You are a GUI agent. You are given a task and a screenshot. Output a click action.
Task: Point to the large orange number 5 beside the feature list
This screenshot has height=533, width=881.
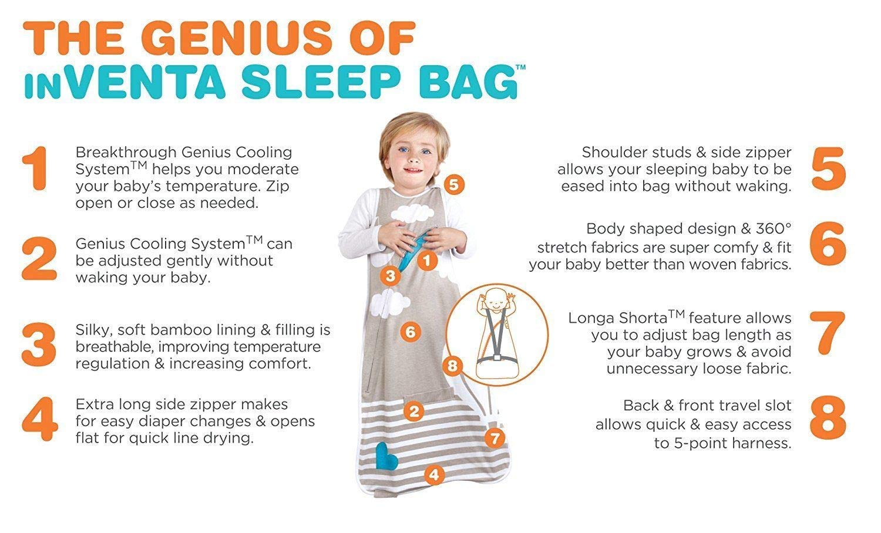pyautogui.click(x=828, y=169)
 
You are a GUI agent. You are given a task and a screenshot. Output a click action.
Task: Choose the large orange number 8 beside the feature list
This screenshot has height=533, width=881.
pyautogui.click(x=828, y=419)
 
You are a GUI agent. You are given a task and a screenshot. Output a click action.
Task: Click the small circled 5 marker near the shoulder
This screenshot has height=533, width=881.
pyautogui.click(x=453, y=185)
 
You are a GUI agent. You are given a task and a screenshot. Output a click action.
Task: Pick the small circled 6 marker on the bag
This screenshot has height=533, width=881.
pyautogui.click(x=410, y=332)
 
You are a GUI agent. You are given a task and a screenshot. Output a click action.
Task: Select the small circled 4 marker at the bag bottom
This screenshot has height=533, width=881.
pyautogui.click(x=433, y=474)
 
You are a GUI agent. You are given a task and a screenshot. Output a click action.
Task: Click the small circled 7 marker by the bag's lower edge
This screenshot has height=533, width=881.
pyautogui.click(x=495, y=438)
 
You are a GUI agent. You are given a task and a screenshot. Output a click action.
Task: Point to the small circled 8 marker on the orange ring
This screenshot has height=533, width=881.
pyautogui.click(x=452, y=366)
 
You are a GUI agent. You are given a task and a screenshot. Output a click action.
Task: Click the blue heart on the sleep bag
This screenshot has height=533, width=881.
pyautogui.click(x=388, y=455)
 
